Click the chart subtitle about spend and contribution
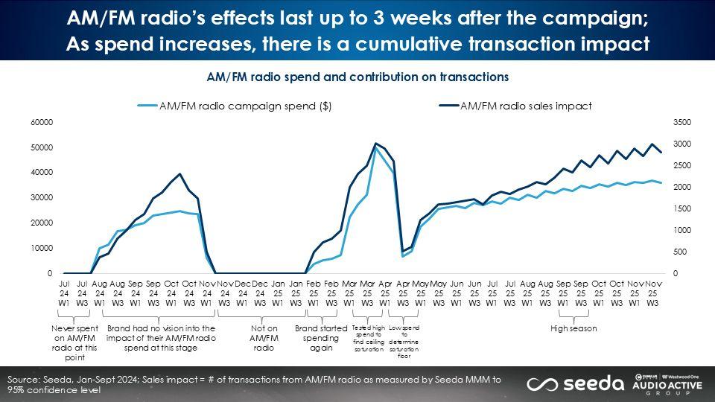pos(357,77)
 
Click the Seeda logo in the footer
pos(575,383)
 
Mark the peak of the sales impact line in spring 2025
pos(376,143)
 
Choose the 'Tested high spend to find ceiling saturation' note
pos(367,338)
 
